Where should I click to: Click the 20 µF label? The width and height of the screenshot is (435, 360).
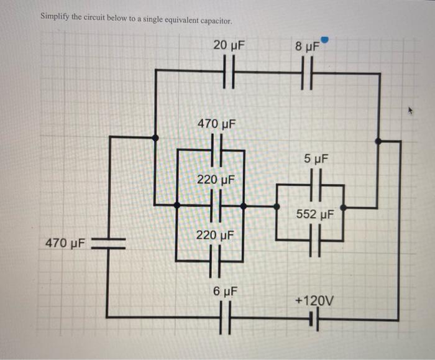228,45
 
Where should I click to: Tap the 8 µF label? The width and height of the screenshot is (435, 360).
307,46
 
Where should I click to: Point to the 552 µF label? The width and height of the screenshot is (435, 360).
315,215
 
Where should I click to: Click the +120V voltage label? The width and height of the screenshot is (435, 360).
314,301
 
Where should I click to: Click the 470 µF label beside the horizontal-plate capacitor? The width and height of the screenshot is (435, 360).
66,242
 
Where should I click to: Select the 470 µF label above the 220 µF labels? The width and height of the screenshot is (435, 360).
216,124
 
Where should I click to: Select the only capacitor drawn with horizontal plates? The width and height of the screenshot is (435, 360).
109,242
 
